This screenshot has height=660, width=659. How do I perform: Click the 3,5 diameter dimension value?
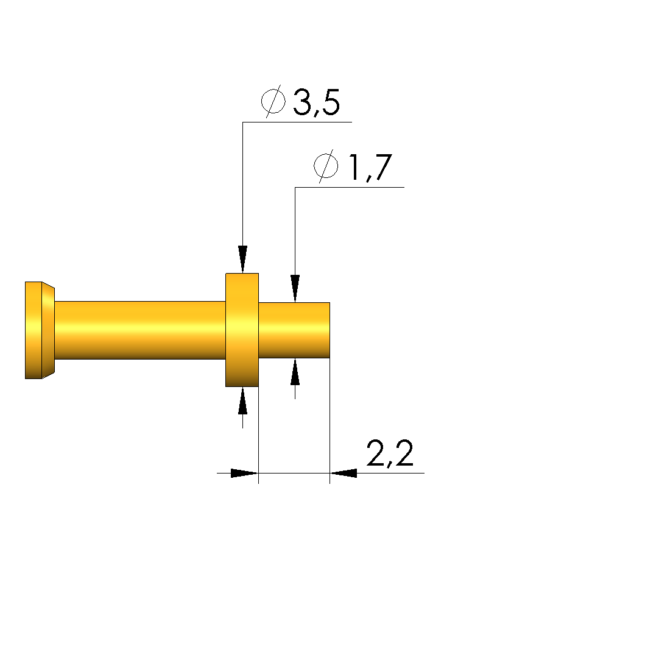point(316,102)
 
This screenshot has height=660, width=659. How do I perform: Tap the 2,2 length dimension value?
point(390,454)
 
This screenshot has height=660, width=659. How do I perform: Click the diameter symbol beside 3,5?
point(273,101)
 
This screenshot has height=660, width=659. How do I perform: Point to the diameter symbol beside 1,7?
point(326,166)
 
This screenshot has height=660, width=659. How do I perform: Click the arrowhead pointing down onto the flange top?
point(242,259)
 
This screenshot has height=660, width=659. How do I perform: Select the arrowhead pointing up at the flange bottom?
point(242,401)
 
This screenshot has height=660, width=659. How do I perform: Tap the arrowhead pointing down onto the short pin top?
point(295,288)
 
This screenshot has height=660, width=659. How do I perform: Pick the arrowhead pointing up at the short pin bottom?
point(295,372)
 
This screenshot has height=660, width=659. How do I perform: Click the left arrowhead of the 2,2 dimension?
point(244,473)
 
